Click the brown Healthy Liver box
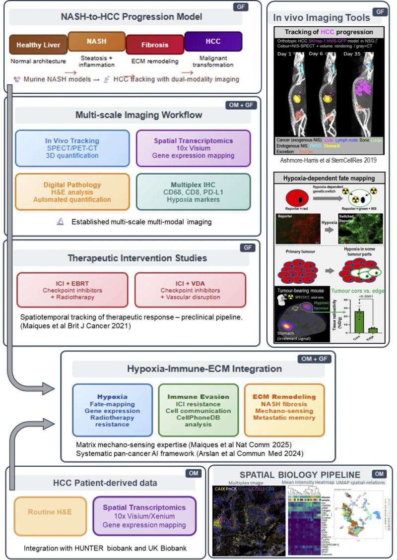click(38, 45)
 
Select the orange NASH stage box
click(96, 41)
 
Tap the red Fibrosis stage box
click(155, 44)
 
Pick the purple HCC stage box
click(213, 41)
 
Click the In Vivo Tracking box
click(73, 148)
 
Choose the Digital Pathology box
click(73, 192)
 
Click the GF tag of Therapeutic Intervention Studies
click(248, 247)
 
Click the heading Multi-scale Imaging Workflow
click(132, 115)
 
